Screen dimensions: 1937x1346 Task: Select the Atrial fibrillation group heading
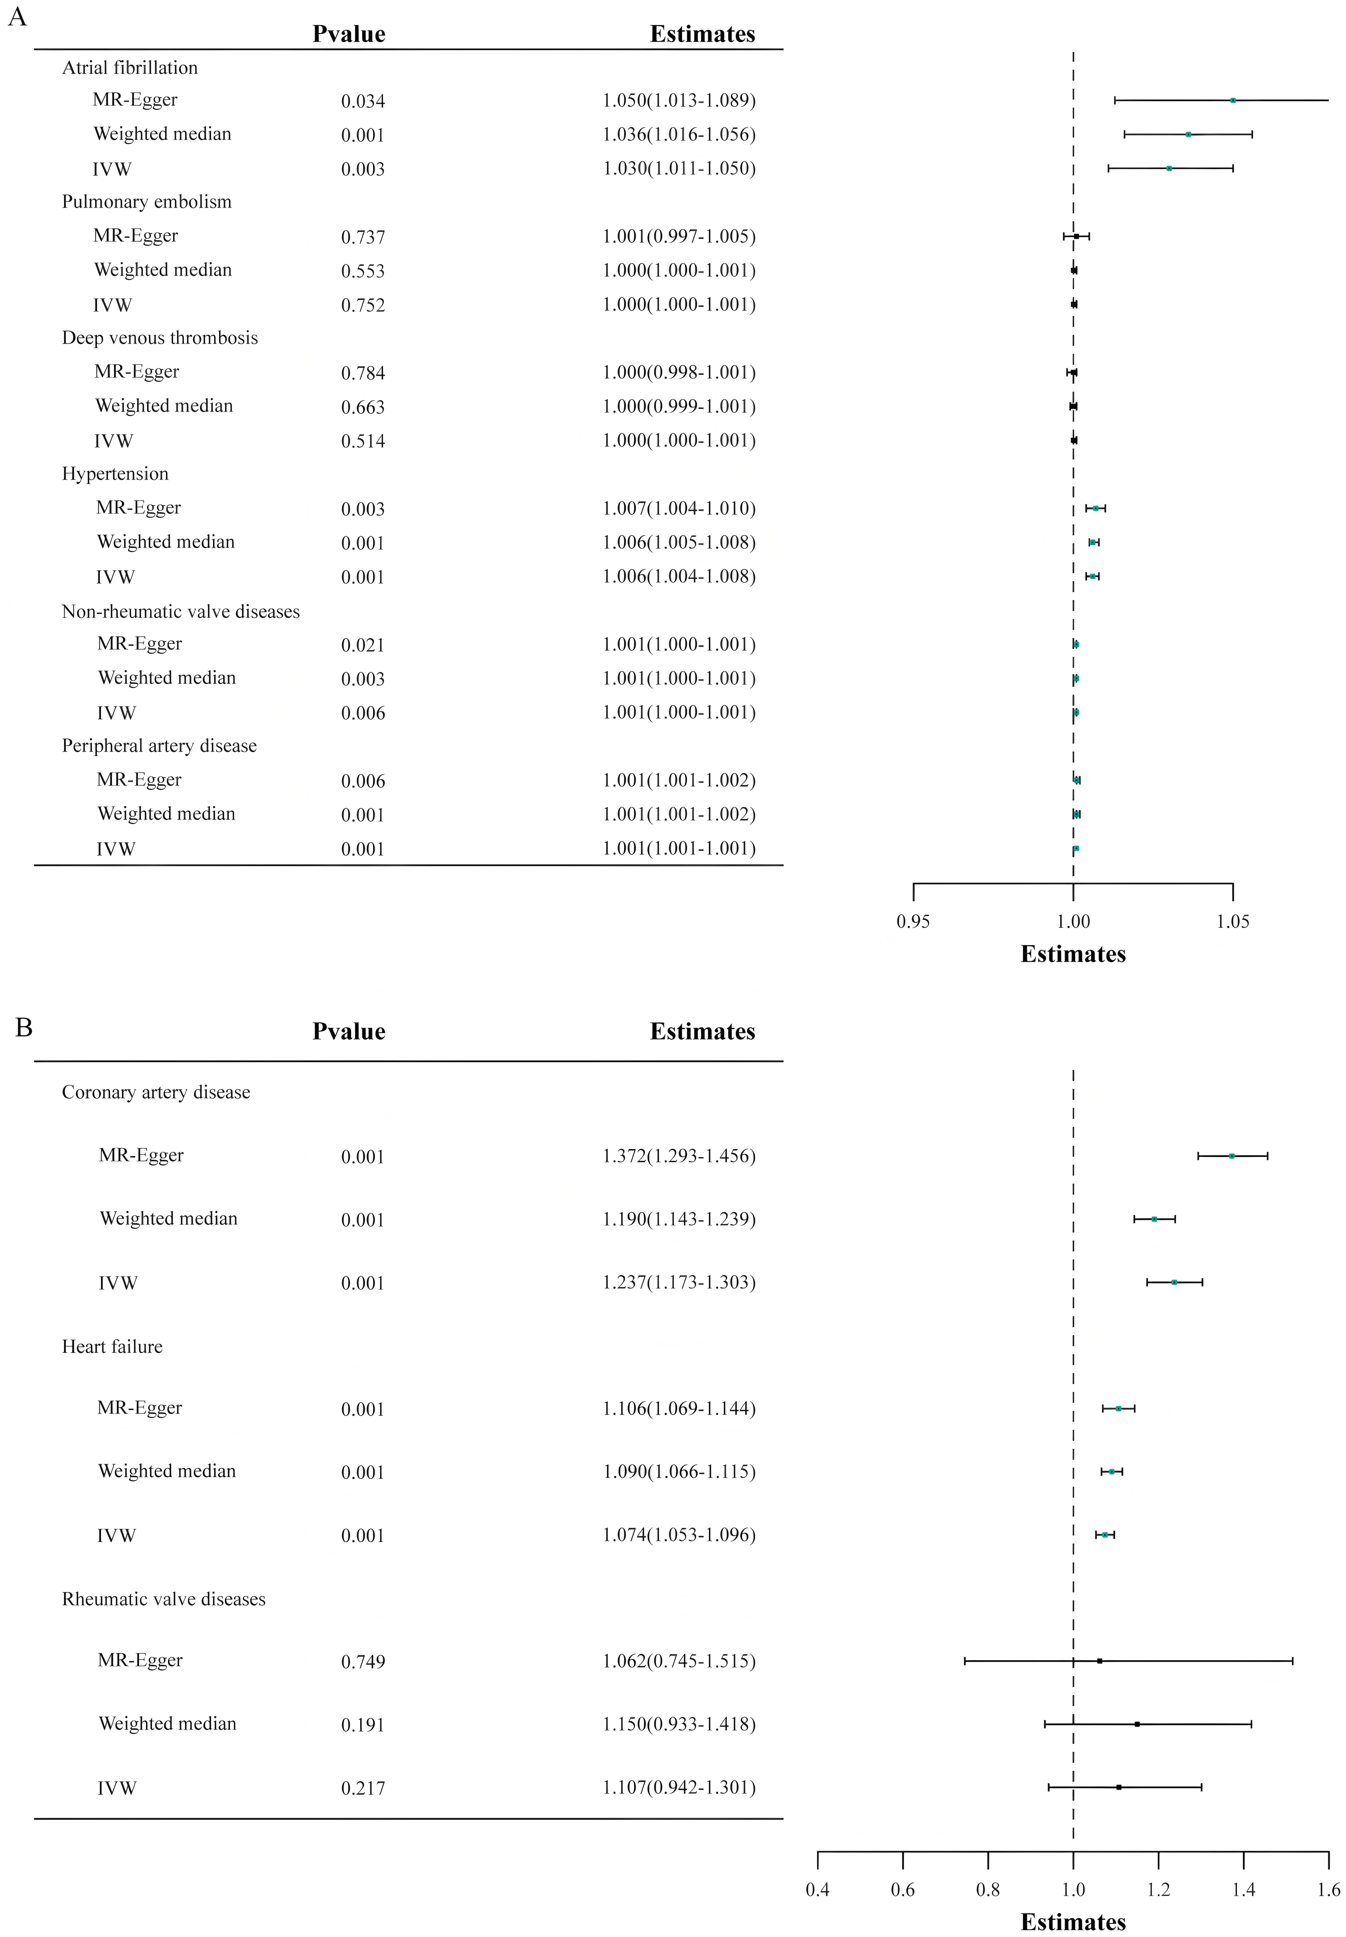click(x=130, y=68)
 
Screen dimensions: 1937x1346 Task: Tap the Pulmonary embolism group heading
click(x=147, y=202)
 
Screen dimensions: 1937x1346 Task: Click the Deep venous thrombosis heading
click(x=160, y=338)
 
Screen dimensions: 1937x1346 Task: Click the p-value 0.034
click(x=363, y=101)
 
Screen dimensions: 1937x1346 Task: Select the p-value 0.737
click(x=363, y=237)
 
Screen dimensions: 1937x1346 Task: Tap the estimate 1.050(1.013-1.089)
click(x=679, y=100)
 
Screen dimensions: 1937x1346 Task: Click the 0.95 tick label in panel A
click(x=913, y=921)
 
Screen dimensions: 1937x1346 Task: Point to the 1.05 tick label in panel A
click(x=1233, y=921)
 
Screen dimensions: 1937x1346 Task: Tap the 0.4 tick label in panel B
click(x=817, y=1890)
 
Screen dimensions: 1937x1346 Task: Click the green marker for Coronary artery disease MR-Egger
click(x=1231, y=1156)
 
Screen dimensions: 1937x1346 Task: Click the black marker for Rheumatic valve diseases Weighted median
click(x=1137, y=1724)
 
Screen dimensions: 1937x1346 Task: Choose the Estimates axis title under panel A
click(x=1073, y=954)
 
